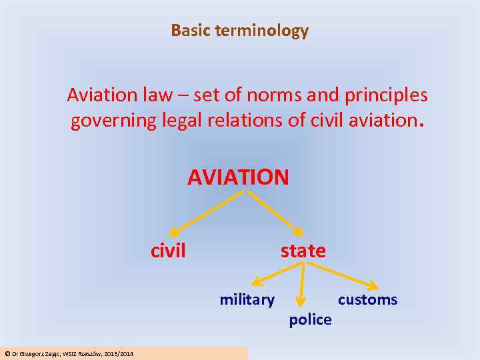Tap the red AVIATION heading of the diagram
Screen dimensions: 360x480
coord(238,177)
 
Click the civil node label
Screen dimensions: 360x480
coord(168,251)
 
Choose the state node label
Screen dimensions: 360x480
coord(303,251)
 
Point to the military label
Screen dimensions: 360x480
coord(247,300)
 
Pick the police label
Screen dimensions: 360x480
coord(310,320)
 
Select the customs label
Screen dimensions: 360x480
coord(367,300)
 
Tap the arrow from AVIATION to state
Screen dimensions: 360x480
coord(275,213)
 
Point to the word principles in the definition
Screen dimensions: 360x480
coord(386,95)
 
